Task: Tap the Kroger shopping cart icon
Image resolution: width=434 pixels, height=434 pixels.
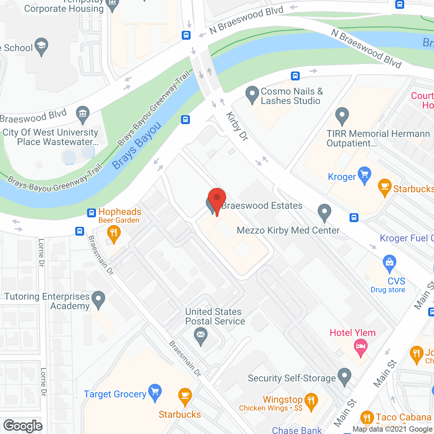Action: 364,175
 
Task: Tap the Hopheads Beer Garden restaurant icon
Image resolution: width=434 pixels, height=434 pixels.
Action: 114,234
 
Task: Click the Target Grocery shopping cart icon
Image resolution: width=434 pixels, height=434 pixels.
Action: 155,392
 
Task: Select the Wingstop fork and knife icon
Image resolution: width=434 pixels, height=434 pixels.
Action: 311,401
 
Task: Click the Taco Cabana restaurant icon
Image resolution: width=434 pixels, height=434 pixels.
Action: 367,417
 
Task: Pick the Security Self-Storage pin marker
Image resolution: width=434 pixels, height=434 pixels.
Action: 345,376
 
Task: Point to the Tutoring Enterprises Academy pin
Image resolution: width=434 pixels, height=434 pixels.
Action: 98,299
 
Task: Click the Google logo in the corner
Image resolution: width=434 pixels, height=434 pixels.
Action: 23,426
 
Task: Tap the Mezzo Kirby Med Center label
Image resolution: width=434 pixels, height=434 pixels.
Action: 288,231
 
